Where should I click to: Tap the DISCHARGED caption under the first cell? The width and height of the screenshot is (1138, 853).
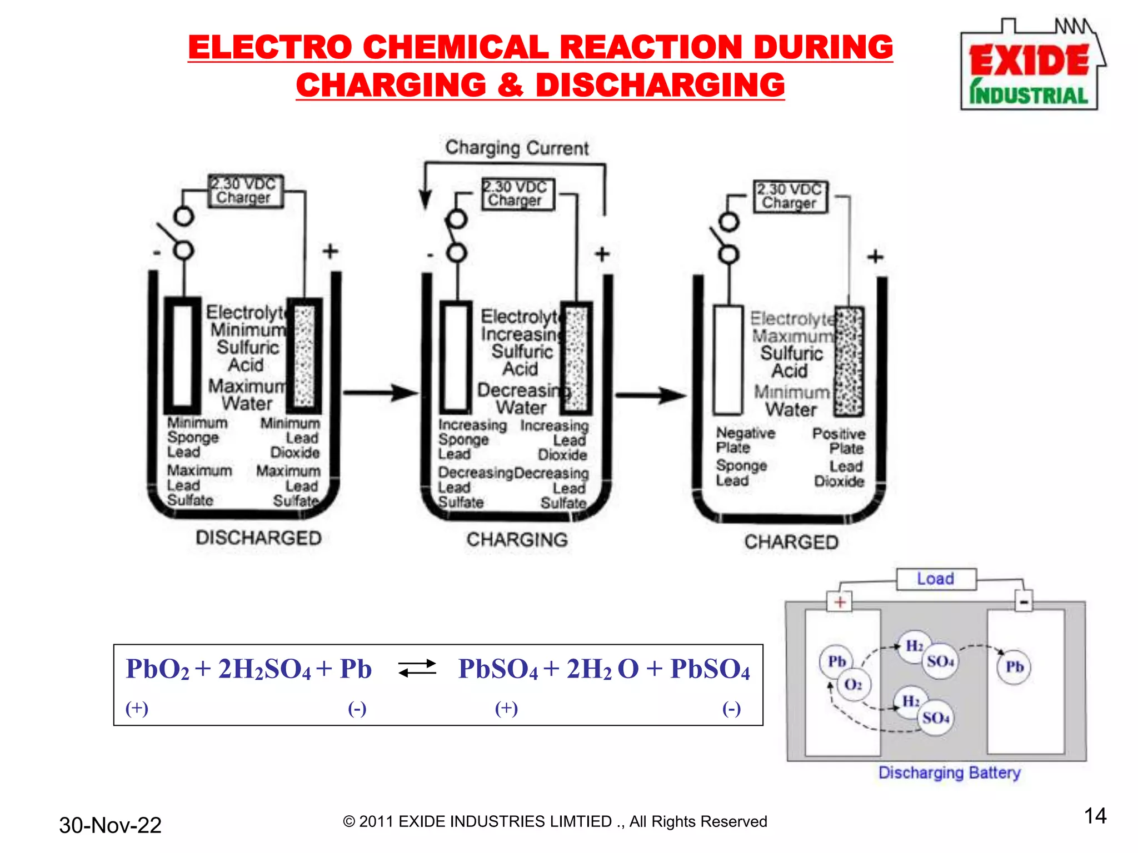[258, 538]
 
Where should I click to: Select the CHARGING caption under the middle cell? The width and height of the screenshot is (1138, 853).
[517, 539]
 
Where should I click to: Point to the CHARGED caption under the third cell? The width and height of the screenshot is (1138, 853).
[791, 542]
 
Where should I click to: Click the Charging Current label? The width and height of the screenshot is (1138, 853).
[517, 148]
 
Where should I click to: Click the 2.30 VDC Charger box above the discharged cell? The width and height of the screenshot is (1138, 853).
[245, 191]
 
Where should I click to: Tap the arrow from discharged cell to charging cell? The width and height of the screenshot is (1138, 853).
[380, 393]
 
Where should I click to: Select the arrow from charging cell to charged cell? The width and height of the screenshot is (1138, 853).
[650, 395]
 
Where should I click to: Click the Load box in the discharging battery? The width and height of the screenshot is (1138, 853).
[936, 579]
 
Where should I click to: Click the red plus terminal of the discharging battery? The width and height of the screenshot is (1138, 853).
[840, 602]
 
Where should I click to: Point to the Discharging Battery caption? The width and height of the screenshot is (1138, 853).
[949, 772]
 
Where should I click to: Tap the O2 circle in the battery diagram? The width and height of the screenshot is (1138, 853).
[853, 684]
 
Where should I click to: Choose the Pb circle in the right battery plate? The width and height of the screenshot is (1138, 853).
[1014, 666]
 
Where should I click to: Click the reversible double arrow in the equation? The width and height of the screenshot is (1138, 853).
[417, 668]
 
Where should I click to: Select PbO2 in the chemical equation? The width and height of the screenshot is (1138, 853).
[157, 669]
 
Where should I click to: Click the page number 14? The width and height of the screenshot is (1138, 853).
[1095, 816]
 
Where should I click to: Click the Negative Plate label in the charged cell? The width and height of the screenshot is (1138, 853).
[745, 440]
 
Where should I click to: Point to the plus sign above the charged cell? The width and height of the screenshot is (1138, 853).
[875, 257]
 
